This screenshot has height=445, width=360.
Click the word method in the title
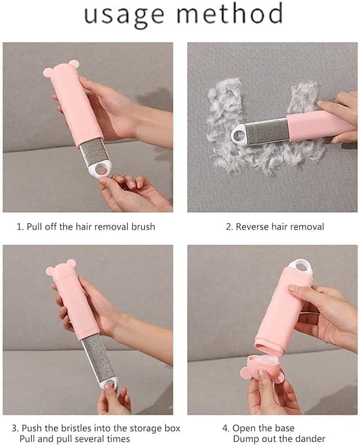tap(231, 15)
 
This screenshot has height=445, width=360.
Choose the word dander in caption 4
tap(307, 439)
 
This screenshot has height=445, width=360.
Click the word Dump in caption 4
tap(245, 439)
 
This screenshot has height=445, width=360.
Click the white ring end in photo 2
tap(240, 133)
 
